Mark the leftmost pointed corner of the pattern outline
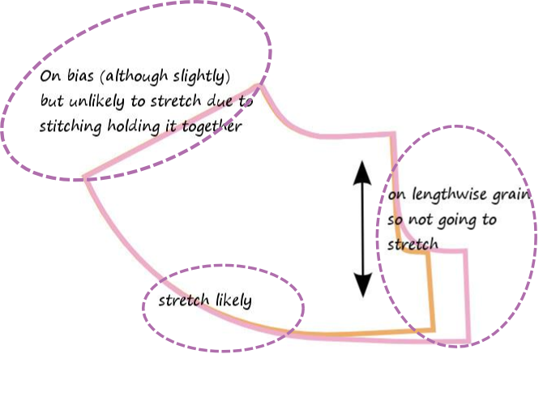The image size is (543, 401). coord(85,177)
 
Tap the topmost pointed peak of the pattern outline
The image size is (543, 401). coord(260,85)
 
